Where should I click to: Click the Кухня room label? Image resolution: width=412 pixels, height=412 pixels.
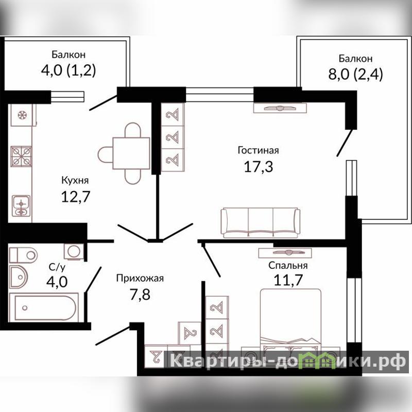(x=75, y=181)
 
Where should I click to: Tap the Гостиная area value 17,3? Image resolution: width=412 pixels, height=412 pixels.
(x=259, y=166)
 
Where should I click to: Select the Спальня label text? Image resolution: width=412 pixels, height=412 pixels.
(x=288, y=265)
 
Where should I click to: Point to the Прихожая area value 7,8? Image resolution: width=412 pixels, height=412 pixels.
(x=140, y=294)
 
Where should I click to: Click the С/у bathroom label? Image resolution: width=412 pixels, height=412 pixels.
(x=57, y=267)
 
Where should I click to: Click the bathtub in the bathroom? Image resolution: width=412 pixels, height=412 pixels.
(x=44, y=307)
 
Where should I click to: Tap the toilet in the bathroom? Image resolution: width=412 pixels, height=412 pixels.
(x=23, y=255)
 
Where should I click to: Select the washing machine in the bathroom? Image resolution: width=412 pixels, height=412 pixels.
(x=74, y=251)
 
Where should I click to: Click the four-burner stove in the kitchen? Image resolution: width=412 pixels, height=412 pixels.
(x=21, y=157)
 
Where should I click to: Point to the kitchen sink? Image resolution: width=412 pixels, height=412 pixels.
(x=21, y=205)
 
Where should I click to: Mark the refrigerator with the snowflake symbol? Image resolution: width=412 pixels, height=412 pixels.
(x=22, y=115)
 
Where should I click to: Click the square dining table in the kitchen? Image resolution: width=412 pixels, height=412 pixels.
(x=131, y=153)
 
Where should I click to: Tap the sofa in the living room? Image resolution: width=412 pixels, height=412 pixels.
(x=261, y=222)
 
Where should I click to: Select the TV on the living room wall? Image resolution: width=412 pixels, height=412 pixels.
(x=280, y=108)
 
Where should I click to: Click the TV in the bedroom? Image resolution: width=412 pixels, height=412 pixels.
(x=285, y=253)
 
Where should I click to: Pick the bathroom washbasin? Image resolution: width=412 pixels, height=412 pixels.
(x=18, y=277)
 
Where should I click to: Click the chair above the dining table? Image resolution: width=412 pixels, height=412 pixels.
(x=133, y=130)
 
